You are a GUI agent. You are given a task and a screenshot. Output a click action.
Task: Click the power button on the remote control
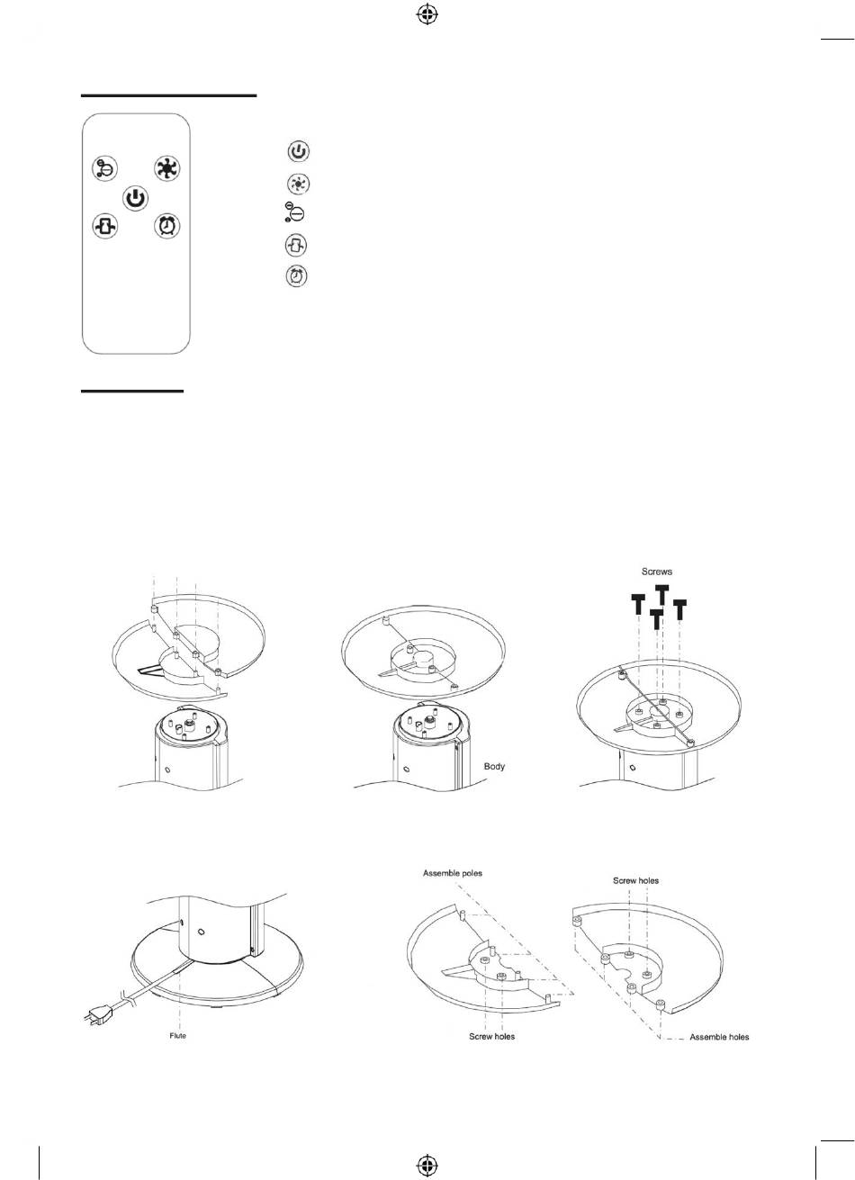pyautogui.click(x=134, y=198)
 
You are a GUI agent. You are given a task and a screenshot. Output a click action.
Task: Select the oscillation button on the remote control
pyautogui.click(x=105, y=227)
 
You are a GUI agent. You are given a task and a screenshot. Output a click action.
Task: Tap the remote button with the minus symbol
pyautogui.click(x=105, y=168)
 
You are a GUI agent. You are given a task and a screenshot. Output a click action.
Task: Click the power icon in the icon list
pyautogui.click(x=297, y=152)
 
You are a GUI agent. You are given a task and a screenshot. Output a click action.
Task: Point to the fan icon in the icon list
pyautogui.click(x=297, y=184)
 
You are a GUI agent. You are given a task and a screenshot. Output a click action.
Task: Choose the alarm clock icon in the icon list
pyautogui.click(x=296, y=275)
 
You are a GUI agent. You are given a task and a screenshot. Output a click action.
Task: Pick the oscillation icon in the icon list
pyautogui.click(x=296, y=245)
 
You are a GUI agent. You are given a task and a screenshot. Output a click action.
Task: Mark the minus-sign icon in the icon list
pyautogui.click(x=293, y=214)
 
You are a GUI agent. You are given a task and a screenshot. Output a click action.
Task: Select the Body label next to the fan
pyautogui.click(x=495, y=767)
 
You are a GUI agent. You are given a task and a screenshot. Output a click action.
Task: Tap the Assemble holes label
pyautogui.click(x=719, y=1037)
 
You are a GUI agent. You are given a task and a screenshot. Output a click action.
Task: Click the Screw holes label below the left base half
pyautogui.click(x=491, y=1037)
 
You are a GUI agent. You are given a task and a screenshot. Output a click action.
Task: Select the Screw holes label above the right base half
pyautogui.click(x=635, y=880)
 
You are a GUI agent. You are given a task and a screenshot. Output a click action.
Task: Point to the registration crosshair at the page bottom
pyautogui.click(x=427, y=1164)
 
